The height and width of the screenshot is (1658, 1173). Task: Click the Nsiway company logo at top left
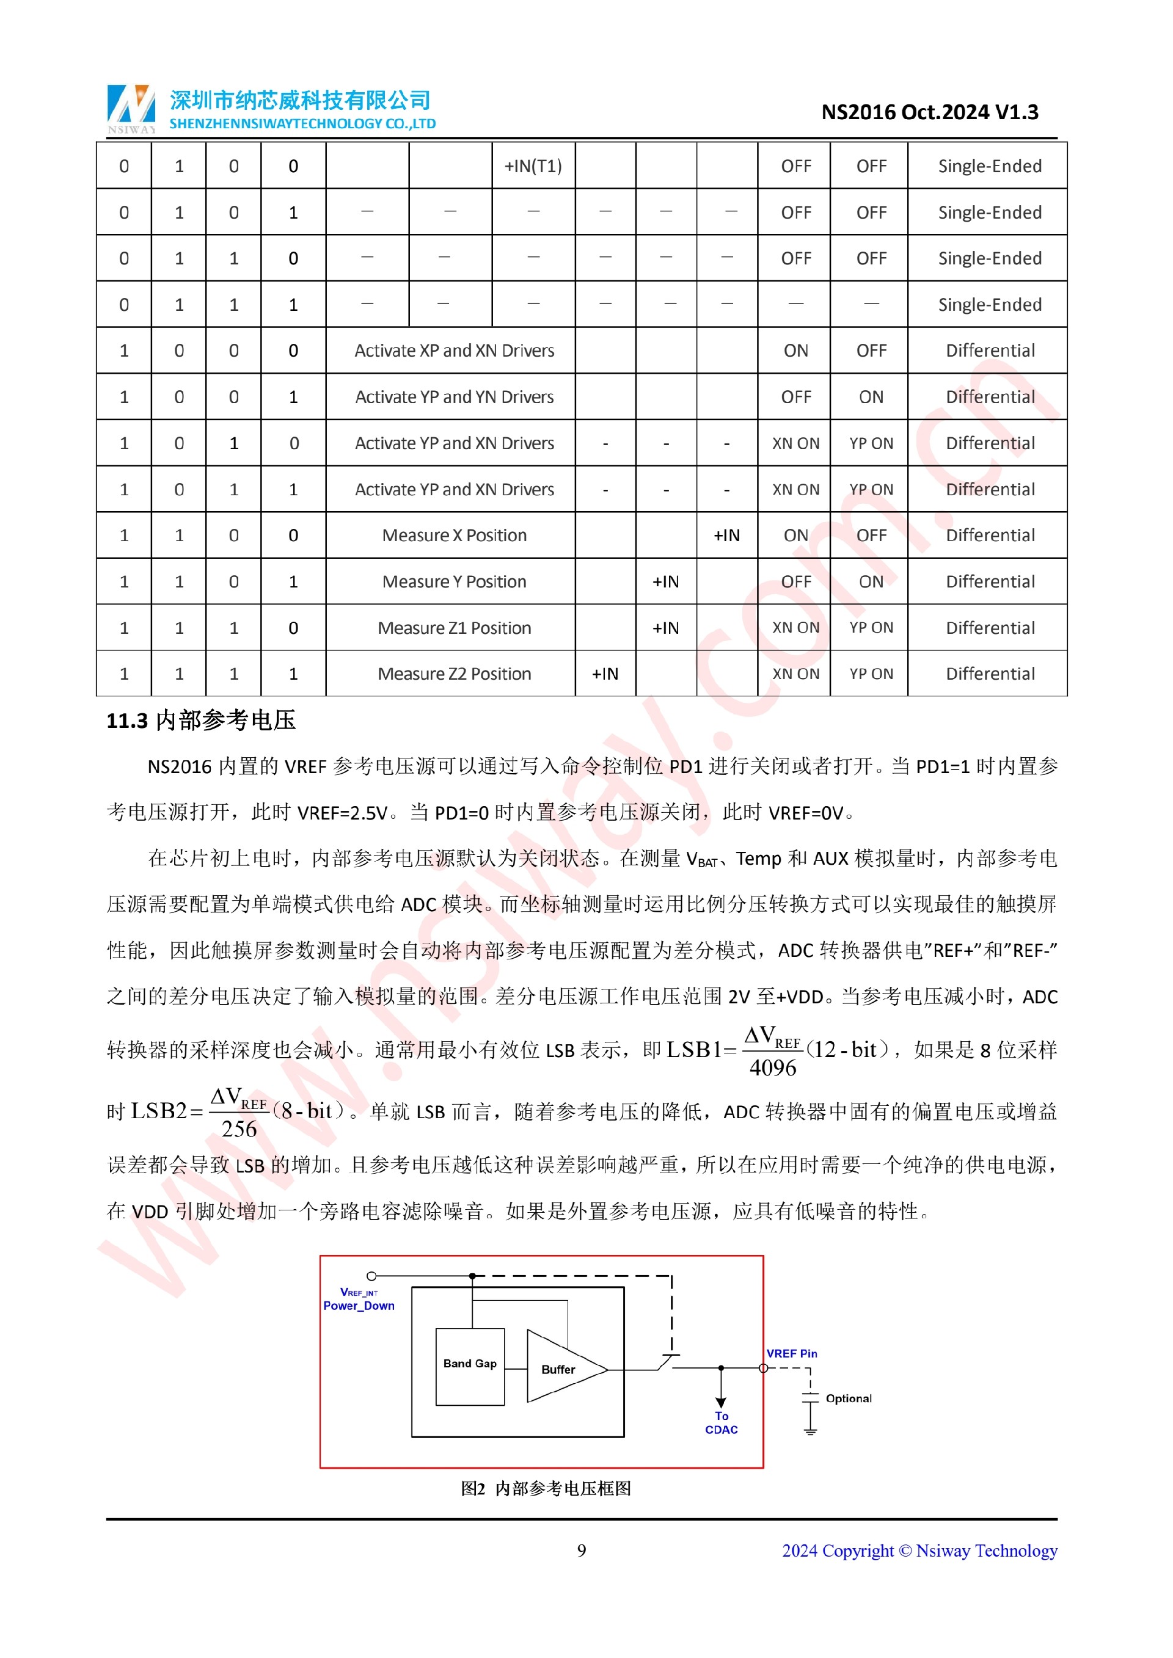point(131,108)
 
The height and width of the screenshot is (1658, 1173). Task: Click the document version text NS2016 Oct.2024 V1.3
point(930,112)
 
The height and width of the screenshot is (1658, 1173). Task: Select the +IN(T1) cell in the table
point(533,166)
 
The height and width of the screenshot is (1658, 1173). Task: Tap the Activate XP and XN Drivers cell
point(455,351)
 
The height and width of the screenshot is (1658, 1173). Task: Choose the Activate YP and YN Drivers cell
point(455,397)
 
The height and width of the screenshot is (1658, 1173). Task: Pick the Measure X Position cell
point(455,536)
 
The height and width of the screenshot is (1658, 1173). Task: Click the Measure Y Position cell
point(455,582)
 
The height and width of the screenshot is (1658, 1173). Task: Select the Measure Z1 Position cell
point(455,628)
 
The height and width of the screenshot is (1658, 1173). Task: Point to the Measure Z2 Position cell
point(455,674)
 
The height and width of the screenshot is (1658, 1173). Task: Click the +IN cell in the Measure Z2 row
point(605,674)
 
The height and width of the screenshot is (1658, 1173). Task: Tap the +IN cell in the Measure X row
point(726,536)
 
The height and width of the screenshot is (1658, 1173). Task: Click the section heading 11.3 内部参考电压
point(201,721)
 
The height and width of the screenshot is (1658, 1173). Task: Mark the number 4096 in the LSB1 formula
point(772,1068)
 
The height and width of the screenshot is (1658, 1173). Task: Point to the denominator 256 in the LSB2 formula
point(239,1129)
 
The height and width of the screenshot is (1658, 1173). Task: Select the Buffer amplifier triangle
point(560,1369)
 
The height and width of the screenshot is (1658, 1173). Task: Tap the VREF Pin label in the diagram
point(792,1354)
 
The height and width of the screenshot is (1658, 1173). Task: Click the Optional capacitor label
point(849,1398)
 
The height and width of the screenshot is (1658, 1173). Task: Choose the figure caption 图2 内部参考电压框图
point(546,1489)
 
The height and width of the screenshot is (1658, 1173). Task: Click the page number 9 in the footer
point(582,1551)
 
